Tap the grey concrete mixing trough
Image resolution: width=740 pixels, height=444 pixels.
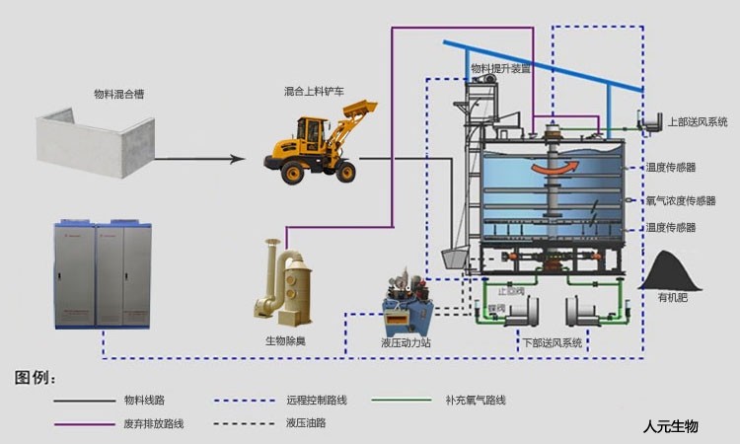[x=96, y=145]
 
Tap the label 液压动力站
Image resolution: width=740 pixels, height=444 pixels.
[x=407, y=344]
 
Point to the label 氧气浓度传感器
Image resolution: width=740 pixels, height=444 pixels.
[x=681, y=200]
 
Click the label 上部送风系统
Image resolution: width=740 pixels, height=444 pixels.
[x=698, y=122]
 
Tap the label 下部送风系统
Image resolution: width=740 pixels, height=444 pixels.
[x=553, y=343]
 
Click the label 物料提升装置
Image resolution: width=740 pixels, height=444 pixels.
[x=500, y=69]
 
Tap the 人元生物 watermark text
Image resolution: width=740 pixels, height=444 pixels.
[x=670, y=426]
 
